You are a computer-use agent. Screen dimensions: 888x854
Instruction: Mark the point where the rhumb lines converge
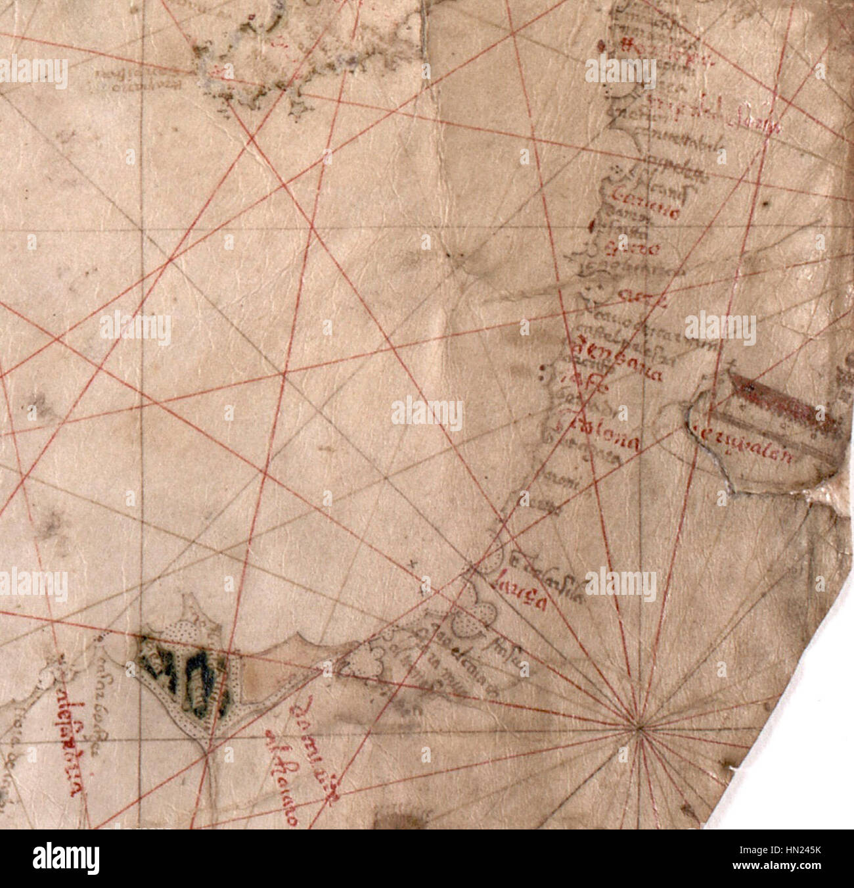pyautogui.click(x=639, y=728)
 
